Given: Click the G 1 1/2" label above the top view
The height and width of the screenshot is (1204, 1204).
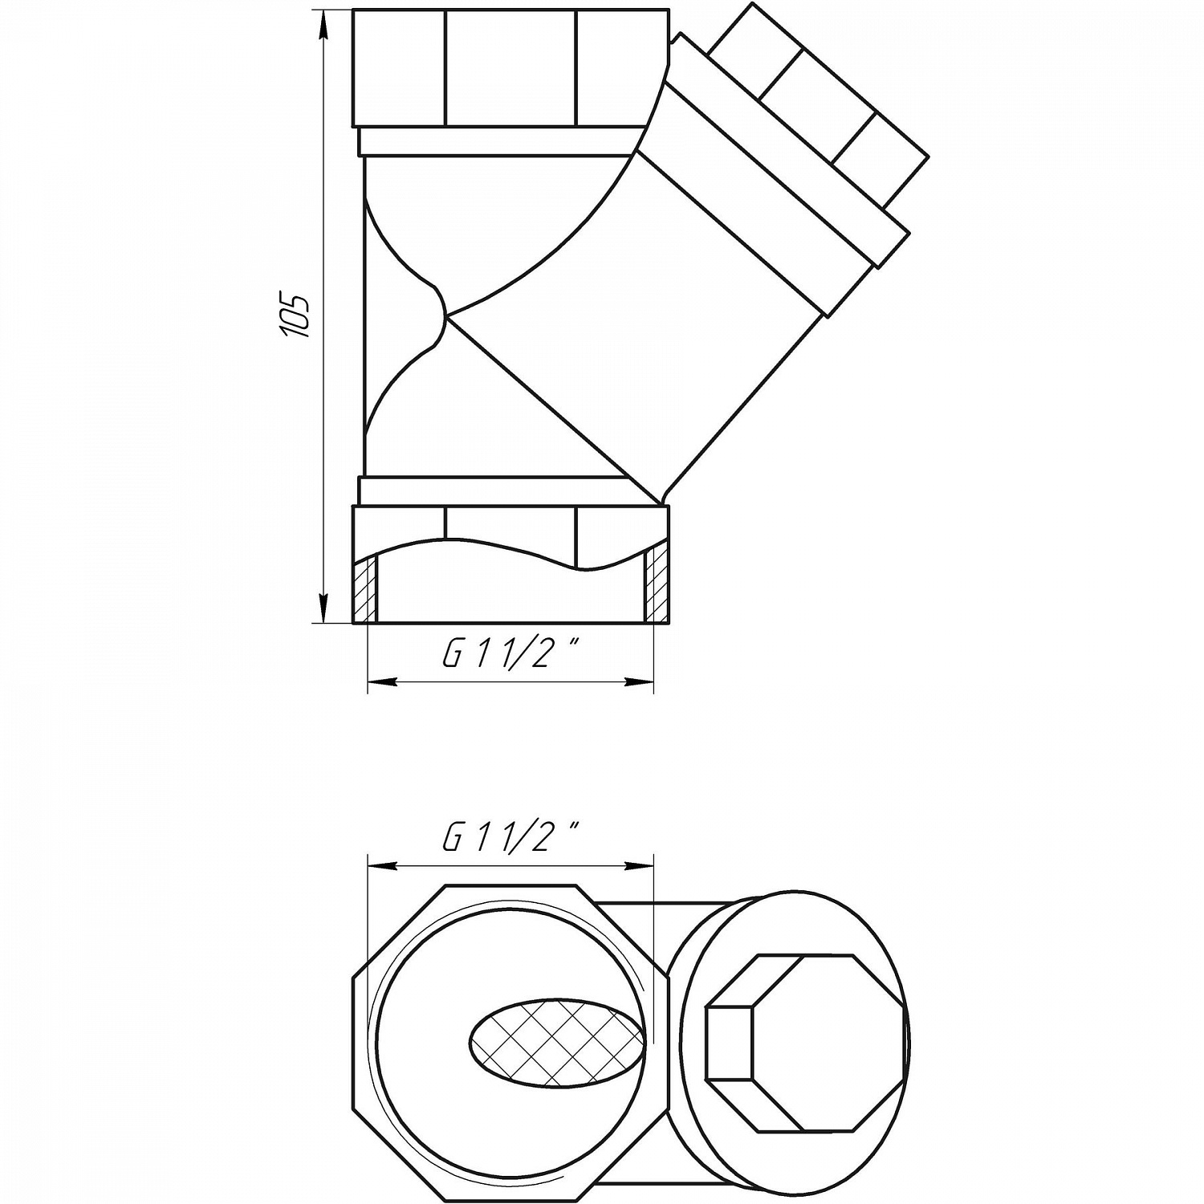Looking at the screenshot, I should coord(510,838).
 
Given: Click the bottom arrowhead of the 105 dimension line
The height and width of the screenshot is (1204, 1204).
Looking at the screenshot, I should coord(323,608).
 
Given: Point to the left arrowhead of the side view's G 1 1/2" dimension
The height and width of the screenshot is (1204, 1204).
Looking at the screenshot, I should coord(382,683).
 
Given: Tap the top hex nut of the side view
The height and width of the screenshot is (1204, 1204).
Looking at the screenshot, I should coord(510,68).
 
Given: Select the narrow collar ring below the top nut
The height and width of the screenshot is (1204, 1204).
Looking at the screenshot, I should coord(498,141).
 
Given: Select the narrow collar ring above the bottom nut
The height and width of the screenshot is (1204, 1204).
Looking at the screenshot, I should coord(498,490).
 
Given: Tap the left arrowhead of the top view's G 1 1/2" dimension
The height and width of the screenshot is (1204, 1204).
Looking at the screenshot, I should coord(382,865).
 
